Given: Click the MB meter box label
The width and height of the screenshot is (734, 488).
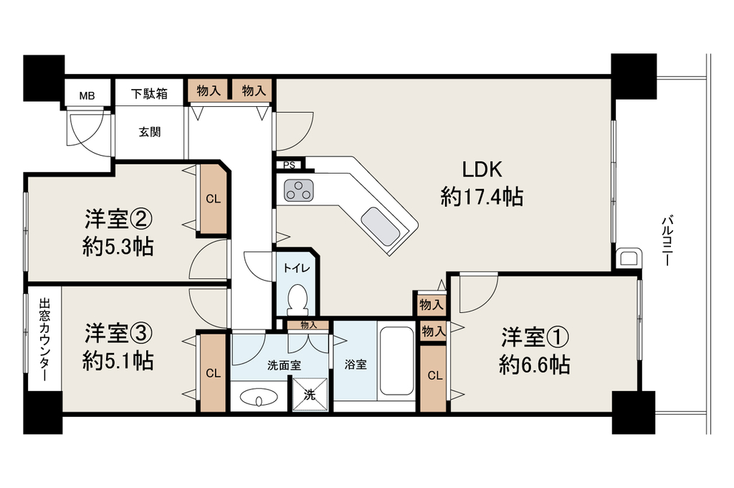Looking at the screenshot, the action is pos(87,96).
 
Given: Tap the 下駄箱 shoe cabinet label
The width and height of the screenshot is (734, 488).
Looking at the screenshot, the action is pos(149,94).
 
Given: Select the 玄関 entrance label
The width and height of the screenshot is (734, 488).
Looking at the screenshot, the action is pos(150,132).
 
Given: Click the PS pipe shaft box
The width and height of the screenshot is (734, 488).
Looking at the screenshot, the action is pos(290,165).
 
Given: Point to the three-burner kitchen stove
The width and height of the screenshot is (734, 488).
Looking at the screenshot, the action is pos(298,190).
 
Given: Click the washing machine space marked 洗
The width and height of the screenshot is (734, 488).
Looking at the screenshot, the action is pos(310,395).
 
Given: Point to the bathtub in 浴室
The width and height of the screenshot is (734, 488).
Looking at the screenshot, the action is pos(396,361).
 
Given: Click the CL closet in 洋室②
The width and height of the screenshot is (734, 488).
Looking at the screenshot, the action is pos(213,199).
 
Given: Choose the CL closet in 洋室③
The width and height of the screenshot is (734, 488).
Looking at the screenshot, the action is pos(213,373).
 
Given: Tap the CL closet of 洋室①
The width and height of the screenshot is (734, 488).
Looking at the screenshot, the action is pos(434,377).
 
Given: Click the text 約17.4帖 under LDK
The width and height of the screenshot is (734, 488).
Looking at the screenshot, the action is pos(482,197).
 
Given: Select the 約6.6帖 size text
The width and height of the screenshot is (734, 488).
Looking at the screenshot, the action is pos(534,365).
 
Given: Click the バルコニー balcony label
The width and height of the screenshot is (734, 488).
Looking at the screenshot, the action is pos(668,241).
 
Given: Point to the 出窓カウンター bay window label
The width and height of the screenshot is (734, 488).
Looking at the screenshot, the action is pos(44,340).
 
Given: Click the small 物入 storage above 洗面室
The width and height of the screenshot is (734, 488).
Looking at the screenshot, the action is pos(308,324).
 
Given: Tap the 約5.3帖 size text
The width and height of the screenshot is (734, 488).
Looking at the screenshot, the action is pos(118,246).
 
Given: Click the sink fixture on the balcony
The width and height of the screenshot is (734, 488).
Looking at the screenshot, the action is pos(628,258).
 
